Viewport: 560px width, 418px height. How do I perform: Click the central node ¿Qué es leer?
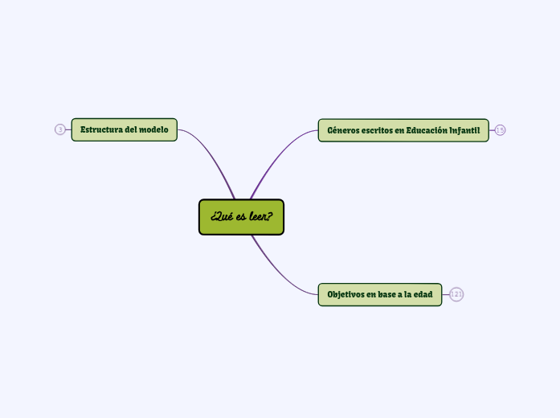click(241, 217)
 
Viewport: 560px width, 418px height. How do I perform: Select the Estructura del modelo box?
click(124, 129)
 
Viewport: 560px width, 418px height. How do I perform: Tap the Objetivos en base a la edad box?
click(379, 294)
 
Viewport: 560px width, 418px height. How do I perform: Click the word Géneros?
click(343, 130)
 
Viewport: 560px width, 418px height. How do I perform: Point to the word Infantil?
click(464, 130)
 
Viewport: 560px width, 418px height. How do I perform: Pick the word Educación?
click(426, 130)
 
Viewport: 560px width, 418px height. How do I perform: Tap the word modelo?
click(153, 129)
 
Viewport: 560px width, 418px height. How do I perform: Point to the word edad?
click(423, 294)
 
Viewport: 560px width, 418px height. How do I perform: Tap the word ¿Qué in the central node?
click(221, 217)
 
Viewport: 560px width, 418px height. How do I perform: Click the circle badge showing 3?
click(60, 129)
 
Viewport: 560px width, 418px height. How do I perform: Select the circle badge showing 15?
click(500, 130)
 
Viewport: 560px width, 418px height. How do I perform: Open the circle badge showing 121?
click(456, 294)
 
